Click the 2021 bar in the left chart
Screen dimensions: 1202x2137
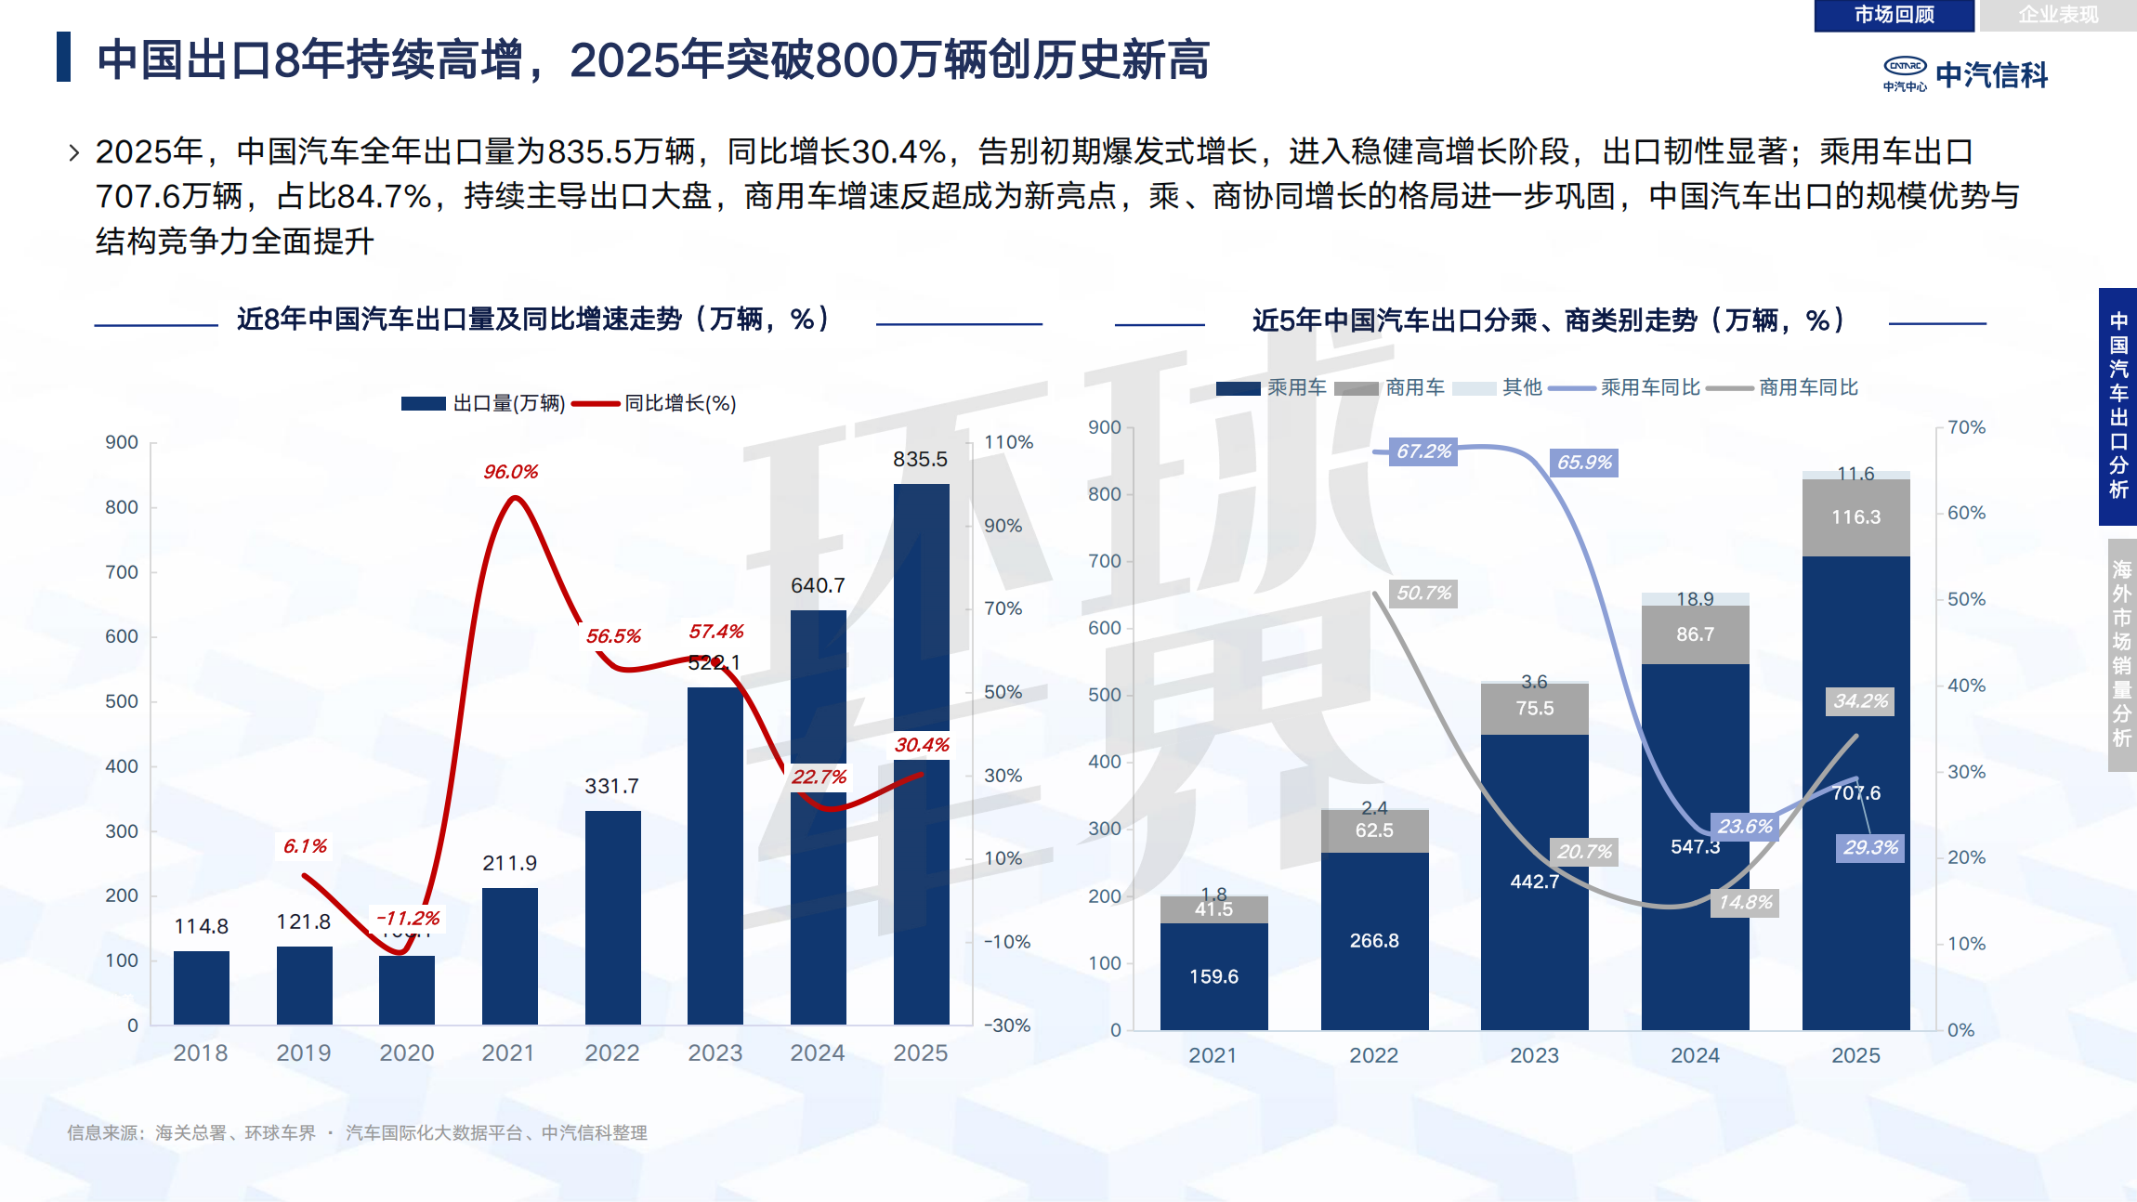(509, 957)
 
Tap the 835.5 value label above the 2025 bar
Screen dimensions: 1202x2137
(920, 459)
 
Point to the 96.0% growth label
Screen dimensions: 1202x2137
(510, 472)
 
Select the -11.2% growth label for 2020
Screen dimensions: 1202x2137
(408, 918)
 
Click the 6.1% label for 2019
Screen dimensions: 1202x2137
(305, 846)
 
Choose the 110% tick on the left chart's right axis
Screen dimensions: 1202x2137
(1008, 442)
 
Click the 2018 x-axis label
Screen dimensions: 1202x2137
(200, 1052)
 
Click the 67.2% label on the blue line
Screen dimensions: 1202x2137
(1423, 451)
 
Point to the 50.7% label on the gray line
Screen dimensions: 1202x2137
(1423, 593)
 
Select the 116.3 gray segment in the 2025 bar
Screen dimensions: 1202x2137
(1855, 517)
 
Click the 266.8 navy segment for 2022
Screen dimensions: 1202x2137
(1373, 940)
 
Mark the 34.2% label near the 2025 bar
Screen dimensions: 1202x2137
(1860, 701)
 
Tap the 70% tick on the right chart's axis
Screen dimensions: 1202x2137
(1966, 427)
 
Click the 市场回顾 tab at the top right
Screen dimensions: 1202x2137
(1894, 15)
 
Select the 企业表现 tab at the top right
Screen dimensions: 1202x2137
(2057, 15)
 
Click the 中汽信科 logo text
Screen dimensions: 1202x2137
(1991, 75)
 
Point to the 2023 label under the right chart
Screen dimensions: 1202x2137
(1534, 1055)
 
